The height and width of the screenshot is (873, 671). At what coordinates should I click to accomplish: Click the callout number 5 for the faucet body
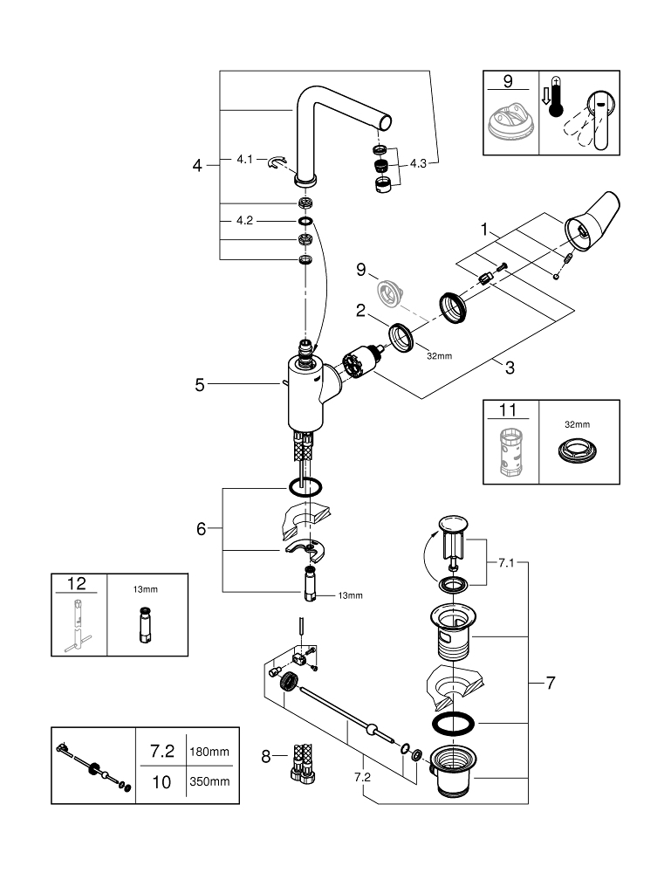tap(200, 385)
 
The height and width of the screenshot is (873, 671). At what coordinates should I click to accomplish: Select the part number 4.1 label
tap(245, 159)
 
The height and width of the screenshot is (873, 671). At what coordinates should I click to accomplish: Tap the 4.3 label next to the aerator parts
tap(418, 163)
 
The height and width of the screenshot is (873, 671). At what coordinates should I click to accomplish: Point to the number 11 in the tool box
tap(508, 410)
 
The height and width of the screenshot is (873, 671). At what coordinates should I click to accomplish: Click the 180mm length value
tap(209, 752)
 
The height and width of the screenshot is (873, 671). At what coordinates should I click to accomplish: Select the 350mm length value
tap(209, 781)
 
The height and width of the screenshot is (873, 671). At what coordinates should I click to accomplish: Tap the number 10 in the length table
tap(161, 782)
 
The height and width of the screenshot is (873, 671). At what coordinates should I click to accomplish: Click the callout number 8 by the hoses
tap(266, 757)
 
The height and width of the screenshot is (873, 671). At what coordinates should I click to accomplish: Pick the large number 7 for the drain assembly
tap(551, 683)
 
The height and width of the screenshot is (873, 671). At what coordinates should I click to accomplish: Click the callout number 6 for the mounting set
tap(201, 528)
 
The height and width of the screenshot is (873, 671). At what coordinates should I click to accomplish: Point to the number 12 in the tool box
tap(77, 583)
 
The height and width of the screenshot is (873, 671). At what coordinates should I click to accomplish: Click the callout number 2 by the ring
tap(360, 311)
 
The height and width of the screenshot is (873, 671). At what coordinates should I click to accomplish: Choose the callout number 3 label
tap(510, 368)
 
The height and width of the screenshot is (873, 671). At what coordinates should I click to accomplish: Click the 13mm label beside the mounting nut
tap(351, 595)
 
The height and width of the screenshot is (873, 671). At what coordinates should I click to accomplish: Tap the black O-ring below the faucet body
tap(305, 487)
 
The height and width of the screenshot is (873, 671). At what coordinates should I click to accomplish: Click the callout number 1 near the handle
tap(484, 230)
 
